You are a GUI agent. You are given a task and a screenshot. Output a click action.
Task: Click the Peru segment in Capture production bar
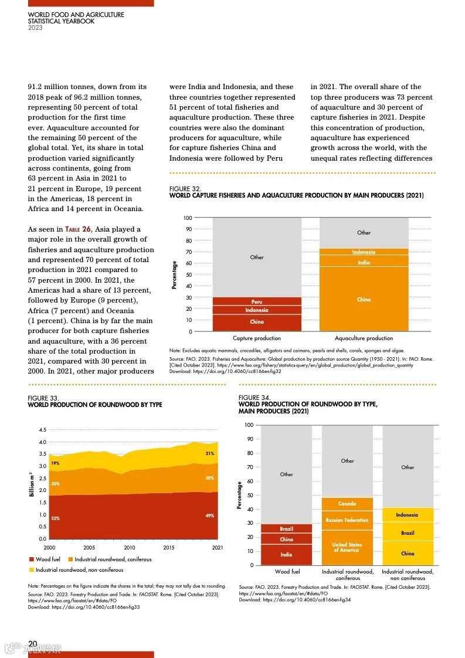[257, 301]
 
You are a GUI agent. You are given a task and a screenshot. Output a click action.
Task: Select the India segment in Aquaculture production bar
[364, 262]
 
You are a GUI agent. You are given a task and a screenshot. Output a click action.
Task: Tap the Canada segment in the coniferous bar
[347, 504]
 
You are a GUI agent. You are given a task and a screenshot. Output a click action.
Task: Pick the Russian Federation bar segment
[347, 520]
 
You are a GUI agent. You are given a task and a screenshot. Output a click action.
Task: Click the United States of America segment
[347, 547]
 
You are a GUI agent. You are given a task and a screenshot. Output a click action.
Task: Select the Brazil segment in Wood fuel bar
[286, 528]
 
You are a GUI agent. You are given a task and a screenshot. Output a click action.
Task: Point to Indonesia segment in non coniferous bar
[408, 515]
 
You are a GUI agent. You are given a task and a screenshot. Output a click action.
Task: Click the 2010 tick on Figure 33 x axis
[130, 548]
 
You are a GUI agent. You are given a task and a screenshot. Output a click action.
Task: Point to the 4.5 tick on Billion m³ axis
[42, 429]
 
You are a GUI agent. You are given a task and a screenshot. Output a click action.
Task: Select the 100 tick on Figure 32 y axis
[188, 218]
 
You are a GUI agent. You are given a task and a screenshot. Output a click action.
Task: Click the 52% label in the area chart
[55, 518]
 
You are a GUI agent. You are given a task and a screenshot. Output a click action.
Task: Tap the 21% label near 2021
[209, 453]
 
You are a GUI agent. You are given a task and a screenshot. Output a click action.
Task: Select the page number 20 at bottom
[33, 644]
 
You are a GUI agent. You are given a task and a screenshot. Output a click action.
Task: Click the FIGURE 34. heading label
[254, 398]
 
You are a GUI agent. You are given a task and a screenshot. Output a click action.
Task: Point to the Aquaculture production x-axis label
[364, 338]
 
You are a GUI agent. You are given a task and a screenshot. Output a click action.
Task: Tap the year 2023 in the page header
[35, 28]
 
